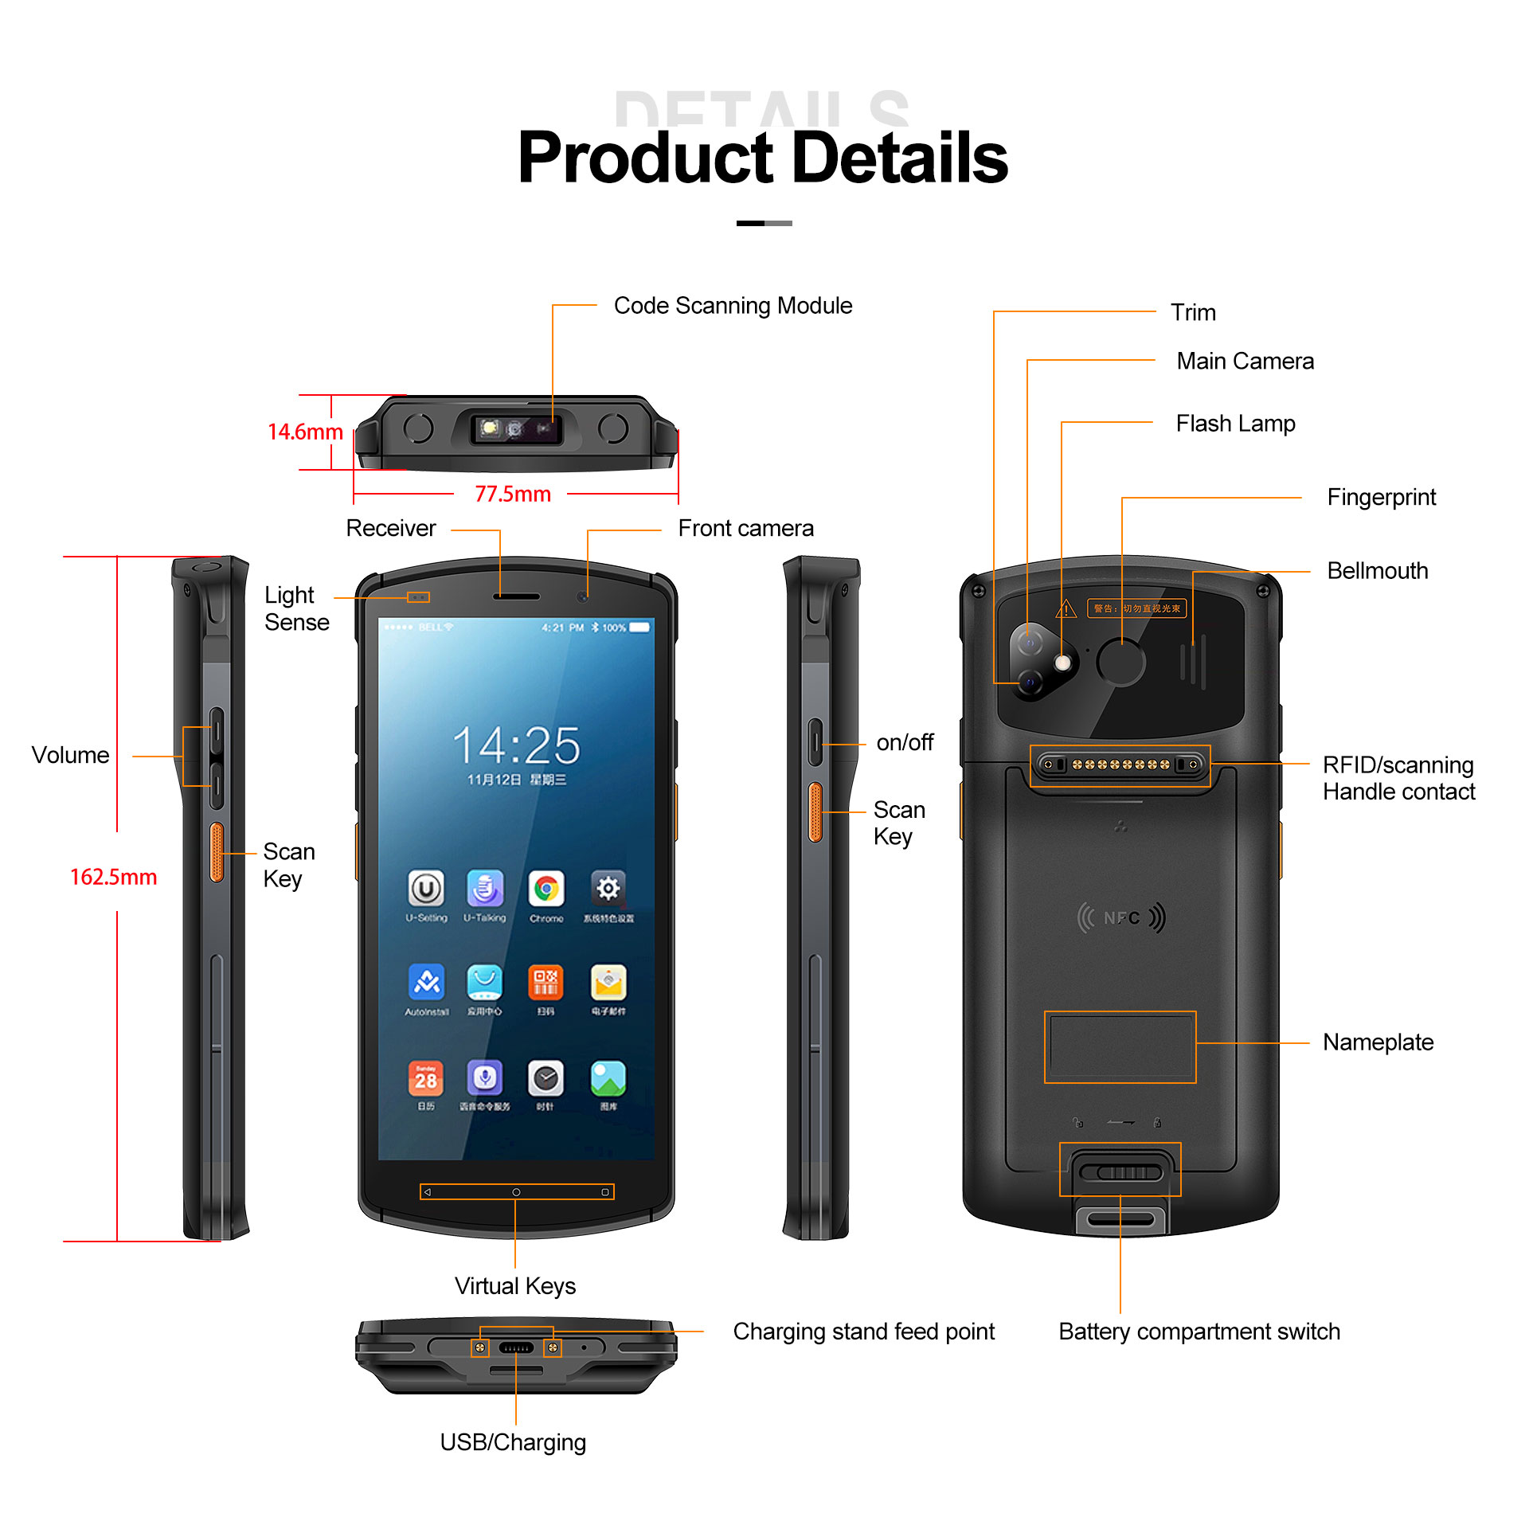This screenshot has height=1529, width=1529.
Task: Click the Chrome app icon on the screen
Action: (546, 889)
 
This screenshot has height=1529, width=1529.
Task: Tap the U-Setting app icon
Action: (426, 889)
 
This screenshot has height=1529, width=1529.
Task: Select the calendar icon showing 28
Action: (425, 1078)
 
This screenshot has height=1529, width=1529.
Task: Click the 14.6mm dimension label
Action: (305, 432)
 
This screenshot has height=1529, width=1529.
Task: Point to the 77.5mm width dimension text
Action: (513, 495)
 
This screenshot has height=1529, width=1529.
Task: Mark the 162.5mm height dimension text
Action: (113, 877)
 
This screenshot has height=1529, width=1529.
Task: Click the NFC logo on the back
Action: (1121, 918)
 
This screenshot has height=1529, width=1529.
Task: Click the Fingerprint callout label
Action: (1381, 497)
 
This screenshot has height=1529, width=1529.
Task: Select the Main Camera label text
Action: (1245, 361)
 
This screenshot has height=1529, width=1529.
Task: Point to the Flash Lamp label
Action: (1235, 424)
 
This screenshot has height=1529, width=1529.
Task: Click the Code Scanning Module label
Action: (733, 306)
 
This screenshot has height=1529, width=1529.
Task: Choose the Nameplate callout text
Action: (1378, 1042)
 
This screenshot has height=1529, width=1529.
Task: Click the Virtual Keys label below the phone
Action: (515, 1286)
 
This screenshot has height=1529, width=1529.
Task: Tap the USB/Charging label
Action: (513, 1442)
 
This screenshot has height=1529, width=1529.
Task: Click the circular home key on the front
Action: (516, 1192)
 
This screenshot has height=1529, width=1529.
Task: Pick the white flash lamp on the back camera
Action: (1062, 663)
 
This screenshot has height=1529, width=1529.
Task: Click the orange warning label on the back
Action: (1136, 608)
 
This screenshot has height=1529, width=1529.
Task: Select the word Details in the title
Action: (900, 158)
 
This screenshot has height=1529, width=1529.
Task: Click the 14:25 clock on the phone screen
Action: (516, 745)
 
